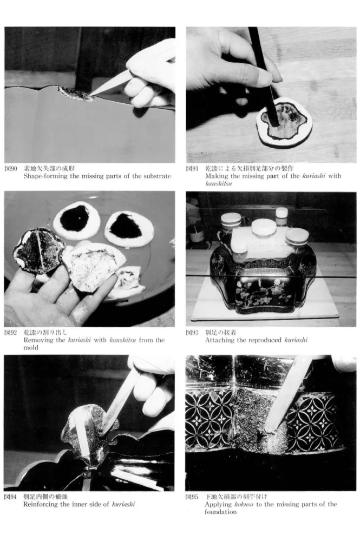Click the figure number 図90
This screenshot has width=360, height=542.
click(x=11, y=169)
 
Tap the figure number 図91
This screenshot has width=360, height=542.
click(x=192, y=169)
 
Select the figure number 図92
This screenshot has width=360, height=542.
click(x=11, y=333)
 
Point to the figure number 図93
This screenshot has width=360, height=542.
click(x=192, y=333)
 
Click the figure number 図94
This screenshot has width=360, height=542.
click(x=10, y=497)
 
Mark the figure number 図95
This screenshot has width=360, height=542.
click(x=192, y=497)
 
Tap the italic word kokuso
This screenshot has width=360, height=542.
click(x=244, y=504)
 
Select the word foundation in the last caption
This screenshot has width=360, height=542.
click(x=221, y=512)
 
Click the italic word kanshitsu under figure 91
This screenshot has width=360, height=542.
click(x=218, y=183)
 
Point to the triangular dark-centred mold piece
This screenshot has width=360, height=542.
click(x=129, y=228)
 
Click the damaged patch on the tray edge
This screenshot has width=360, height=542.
click(x=76, y=94)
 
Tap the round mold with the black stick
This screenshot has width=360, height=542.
click(x=284, y=125)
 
